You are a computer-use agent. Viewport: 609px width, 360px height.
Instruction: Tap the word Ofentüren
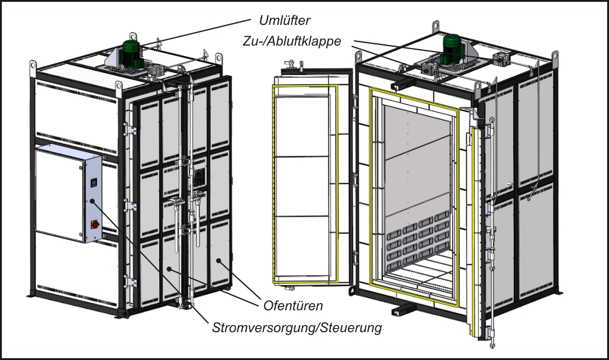(x=285, y=306)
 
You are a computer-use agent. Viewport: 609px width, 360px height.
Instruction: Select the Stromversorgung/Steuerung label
(x=295, y=326)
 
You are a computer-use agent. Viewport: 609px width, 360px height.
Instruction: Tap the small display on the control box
(x=92, y=183)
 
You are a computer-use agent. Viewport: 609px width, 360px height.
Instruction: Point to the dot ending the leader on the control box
(x=92, y=202)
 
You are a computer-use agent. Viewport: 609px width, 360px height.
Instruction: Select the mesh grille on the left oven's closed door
(x=199, y=176)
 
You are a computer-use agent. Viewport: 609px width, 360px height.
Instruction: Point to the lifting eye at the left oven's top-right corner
(x=219, y=57)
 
